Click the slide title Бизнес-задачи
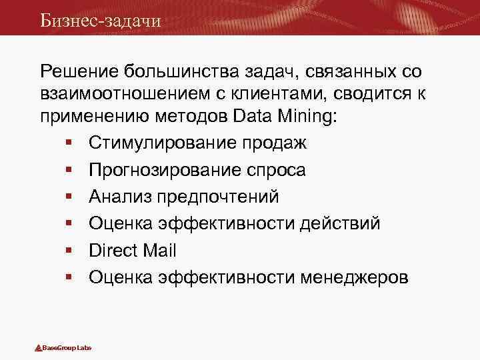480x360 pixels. [x=100, y=20]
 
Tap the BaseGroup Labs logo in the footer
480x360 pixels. [x=63, y=348]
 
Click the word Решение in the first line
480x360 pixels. [x=79, y=71]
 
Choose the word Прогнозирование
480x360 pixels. [x=170, y=170]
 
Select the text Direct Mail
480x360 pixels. [x=132, y=250]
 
